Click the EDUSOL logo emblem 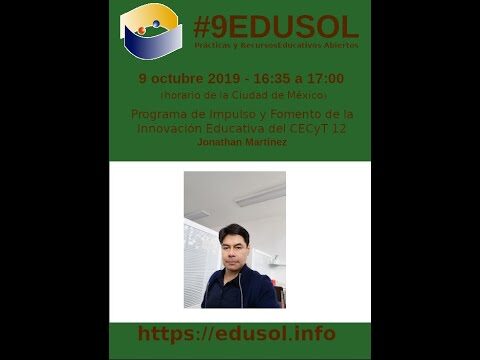point(151,31)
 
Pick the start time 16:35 point(276,78)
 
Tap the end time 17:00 point(325,78)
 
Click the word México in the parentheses point(302,95)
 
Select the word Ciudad point(255,95)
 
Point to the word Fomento point(279,114)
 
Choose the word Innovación point(170,128)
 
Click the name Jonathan point(220,142)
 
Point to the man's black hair point(235,232)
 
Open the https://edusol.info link point(237,334)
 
